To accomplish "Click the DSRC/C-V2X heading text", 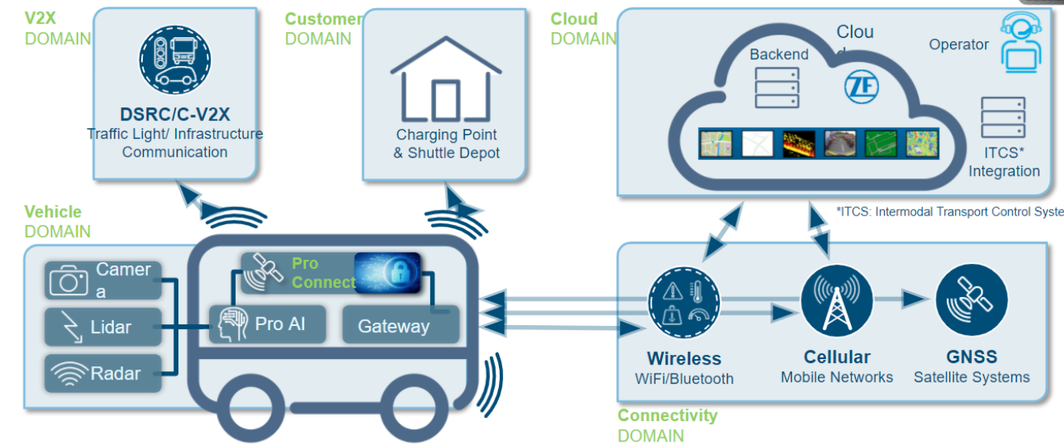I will pyautogui.click(x=175, y=115).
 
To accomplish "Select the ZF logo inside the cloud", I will pyautogui.click(x=861, y=87).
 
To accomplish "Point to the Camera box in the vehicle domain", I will pyautogui.click(x=104, y=280).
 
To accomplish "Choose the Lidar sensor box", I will pyautogui.click(x=103, y=327).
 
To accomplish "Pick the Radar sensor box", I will pyautogui.click(x=103, y=373).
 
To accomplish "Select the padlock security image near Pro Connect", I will pyautogui.click(x=387, y=273).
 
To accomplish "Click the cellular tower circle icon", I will pyautogui.click(x=836, y=301).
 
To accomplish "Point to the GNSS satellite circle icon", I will pyautogui.click(x=971, y=300).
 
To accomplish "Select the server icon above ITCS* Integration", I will pyautogui.click(x=1003, y=118).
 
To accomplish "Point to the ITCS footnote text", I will pyautogui.click(x=949, y=212).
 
